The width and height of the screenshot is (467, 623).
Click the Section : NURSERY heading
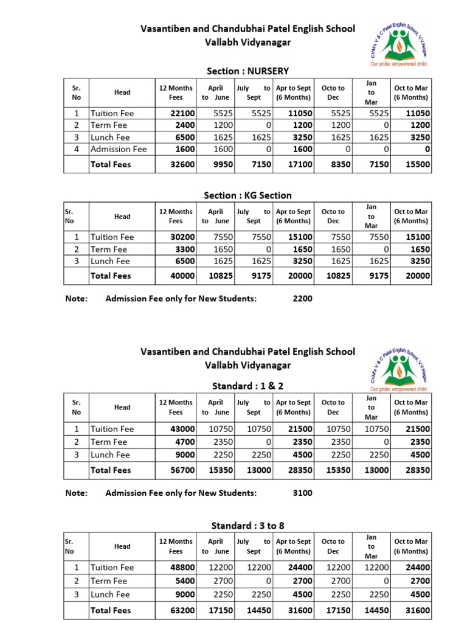pyautogui.click(x=247, y=71)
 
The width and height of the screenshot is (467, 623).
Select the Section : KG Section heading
pyautogui.click(x=247, y=195)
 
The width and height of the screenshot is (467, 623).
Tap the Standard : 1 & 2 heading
pyautogui.click(x=247, y=386)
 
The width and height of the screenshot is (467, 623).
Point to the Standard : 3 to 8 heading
pyautogui.click(x=247, y=524)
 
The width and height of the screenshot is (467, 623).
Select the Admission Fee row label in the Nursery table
pyautogui.click(x=119, y=149)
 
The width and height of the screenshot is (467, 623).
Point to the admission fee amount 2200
pyautogui.click(x=302, y=299)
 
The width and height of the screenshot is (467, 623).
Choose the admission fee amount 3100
pyautogui.click(x=302, y=493)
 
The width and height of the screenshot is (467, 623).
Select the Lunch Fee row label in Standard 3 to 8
pyautogui.click(x=110, y=594)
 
